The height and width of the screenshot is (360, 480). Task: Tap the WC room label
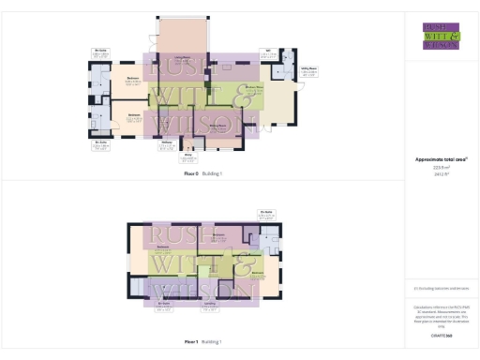pyautogui.click(x=267, y=53)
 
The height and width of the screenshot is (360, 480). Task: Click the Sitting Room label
pyautogui.click(x=216, y=123)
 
